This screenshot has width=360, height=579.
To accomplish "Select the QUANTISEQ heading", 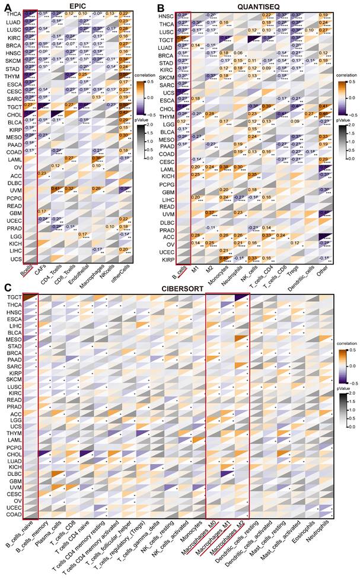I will pos(256,5).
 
